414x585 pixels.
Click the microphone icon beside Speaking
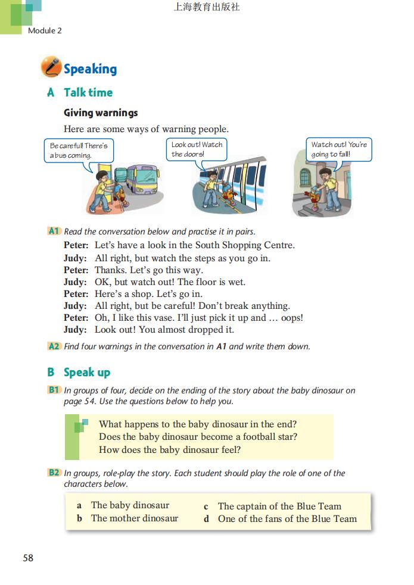(51, 67)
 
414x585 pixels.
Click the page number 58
(28, 558)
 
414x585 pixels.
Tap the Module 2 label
(45, 30)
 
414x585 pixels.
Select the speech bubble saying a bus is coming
(79, 150)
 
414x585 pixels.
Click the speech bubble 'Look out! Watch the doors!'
(197, 149)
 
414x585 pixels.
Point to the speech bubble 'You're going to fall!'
(339, 149)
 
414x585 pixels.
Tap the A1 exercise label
(54, 231)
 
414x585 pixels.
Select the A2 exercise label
(54, 346)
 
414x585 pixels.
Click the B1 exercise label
(54, 390)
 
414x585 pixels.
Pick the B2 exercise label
(54, 473)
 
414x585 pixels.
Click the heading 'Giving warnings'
(101, 112)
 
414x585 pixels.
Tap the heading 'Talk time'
(88, 92)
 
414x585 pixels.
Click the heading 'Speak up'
(87, 372)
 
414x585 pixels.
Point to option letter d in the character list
(206, 519)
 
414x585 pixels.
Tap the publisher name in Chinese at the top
(207, 8)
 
